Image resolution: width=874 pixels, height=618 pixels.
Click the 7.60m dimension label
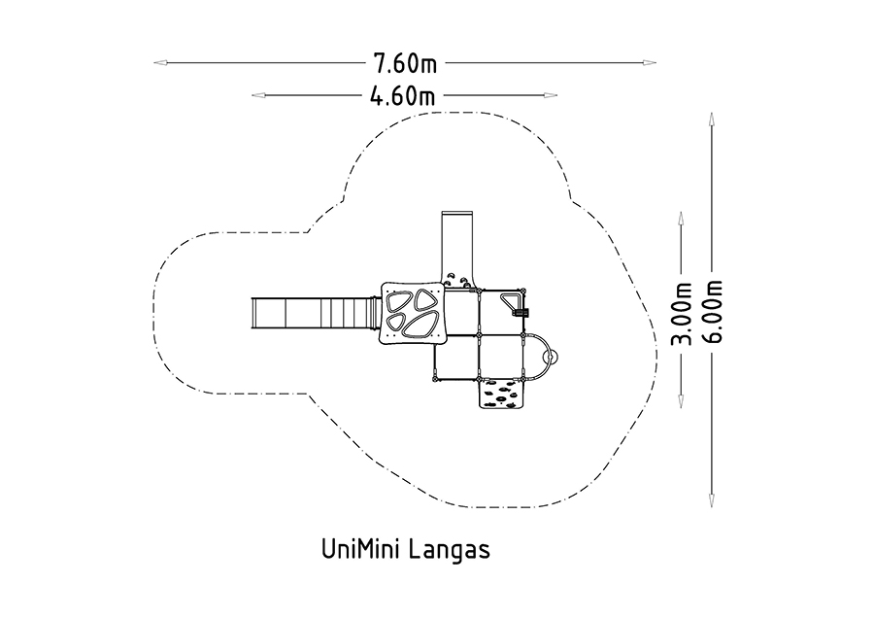(x=405, y=63)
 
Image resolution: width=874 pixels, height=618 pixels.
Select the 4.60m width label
(x=402, y=96)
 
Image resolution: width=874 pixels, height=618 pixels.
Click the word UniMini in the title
(x=362, y=549)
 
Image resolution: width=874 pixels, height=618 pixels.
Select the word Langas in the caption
(x=451, y=550)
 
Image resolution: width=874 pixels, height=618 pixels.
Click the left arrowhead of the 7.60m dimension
(x=160, y=62)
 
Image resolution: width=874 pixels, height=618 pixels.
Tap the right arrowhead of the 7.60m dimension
(x=650, y=62)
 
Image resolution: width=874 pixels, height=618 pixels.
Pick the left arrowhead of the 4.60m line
(x=258, y=95)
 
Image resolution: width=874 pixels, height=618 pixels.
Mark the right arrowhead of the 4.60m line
(x=551, y=95)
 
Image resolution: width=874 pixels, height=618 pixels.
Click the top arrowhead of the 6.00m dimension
(x=711, y=120)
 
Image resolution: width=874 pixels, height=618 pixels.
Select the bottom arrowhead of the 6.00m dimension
(x=711, y=500)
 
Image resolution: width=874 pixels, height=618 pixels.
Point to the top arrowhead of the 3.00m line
(x=681, y=218)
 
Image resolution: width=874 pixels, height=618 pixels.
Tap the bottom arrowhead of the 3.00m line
(x=681, y=401)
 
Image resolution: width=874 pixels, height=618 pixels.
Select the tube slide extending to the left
(x=316, y=314)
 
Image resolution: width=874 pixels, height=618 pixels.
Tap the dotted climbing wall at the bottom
(x=502, y=394)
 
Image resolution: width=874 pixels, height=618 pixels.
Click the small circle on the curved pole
(x=553, y=358)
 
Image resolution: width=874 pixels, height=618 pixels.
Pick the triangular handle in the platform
(x=512, y=302)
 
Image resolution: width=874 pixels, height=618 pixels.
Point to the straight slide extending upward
(x=457, y=249)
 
